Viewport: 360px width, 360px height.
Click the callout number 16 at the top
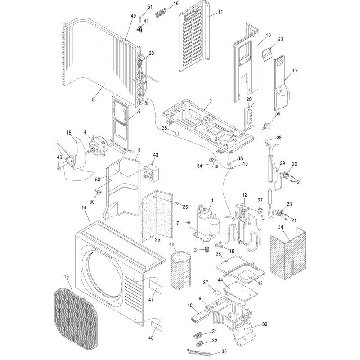175,4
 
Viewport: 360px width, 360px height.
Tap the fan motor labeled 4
96,146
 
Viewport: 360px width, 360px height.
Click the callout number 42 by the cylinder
171,244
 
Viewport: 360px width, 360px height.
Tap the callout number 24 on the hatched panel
281,227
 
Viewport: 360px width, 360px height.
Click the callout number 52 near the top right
280,40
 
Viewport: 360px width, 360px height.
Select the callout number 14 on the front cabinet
84,220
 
